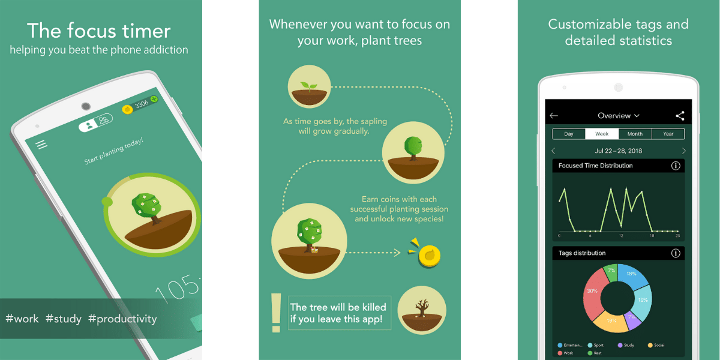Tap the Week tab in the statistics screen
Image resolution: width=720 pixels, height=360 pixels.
point(602,134)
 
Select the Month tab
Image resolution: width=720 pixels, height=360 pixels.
point(635,134)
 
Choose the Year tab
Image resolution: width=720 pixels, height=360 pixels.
point(668,134)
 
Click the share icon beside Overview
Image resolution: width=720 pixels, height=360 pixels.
point(680,116)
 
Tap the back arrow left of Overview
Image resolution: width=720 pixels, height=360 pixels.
point(554,116)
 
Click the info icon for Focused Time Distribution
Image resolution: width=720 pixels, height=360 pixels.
point(676,166)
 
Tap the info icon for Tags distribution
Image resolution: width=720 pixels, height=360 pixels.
point(676,253)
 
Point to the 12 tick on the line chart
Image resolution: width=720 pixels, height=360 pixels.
point(621,236)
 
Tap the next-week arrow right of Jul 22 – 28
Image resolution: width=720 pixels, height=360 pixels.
point(683,151)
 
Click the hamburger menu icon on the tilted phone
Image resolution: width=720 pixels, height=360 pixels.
point(41,145)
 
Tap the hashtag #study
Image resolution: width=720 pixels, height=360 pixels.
point(63,319)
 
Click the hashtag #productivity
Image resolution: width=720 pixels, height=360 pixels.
point(122,319)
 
